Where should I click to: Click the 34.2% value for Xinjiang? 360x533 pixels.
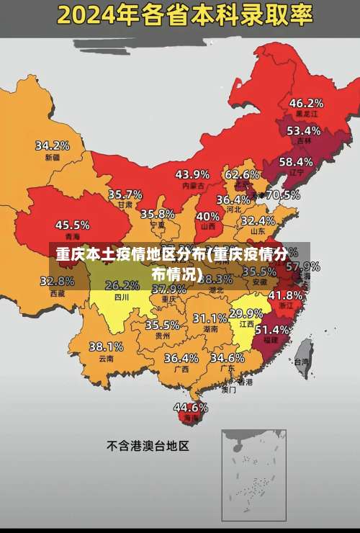(x=53, y=145)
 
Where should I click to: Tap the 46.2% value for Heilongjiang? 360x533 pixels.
(x=305, y=102)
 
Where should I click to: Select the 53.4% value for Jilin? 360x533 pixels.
(x=303, y=130)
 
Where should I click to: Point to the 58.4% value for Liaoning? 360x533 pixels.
(x=296, y=161)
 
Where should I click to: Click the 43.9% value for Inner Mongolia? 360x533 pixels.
(x=192, y=174)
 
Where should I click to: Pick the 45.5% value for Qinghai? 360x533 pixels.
(x=73, y=225)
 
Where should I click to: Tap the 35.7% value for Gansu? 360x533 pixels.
(x=125, y=194)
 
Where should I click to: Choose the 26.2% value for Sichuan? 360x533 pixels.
(x=122, y=285)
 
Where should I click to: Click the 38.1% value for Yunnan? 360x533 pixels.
(x=106, y=346)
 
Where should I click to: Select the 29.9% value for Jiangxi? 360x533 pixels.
(x=246, y=313)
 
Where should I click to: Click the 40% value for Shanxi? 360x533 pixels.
(x=208, y=215)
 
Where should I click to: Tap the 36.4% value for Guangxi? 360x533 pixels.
(x=181, y=357)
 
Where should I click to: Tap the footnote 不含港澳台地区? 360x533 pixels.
(x=148, y=446)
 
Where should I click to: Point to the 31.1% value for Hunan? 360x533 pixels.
(x=210, y=318)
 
